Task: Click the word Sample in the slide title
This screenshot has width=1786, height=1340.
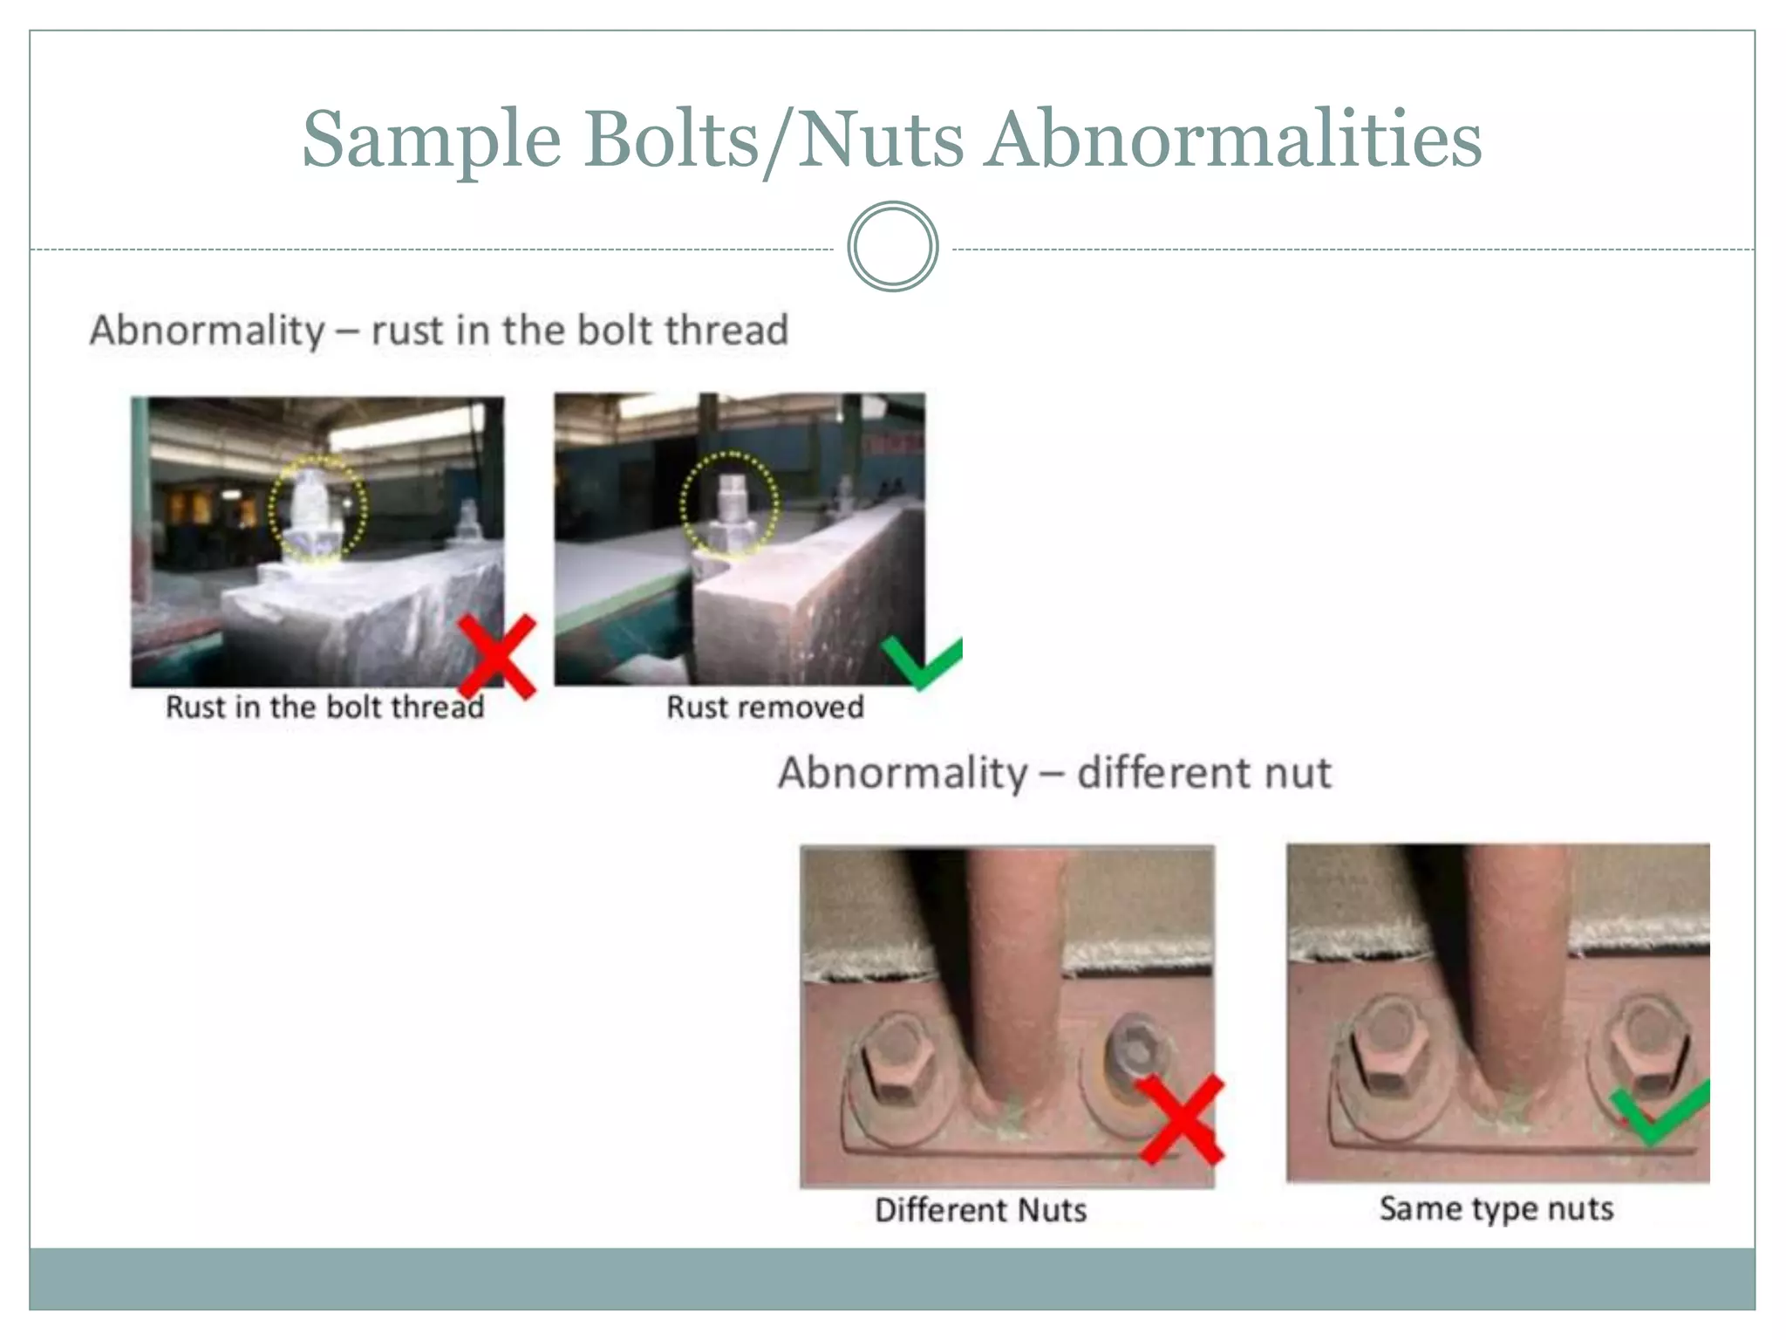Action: coord(431,140)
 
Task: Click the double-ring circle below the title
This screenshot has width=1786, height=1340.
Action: coord(892,247)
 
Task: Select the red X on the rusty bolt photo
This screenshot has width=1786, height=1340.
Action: coord(497,656)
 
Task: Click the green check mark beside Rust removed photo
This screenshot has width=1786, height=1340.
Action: coord(923,661)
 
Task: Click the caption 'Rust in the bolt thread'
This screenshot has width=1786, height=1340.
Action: coord(324,707)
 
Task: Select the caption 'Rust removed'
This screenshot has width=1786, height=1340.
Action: coord(765,707)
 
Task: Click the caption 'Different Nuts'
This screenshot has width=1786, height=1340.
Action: coord(980,1210)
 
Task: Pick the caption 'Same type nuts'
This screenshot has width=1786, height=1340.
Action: coord(1496,1208)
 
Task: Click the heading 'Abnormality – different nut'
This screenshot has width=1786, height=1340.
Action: coord(1054,773)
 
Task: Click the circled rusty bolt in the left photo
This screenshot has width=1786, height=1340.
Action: coord(316,510)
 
